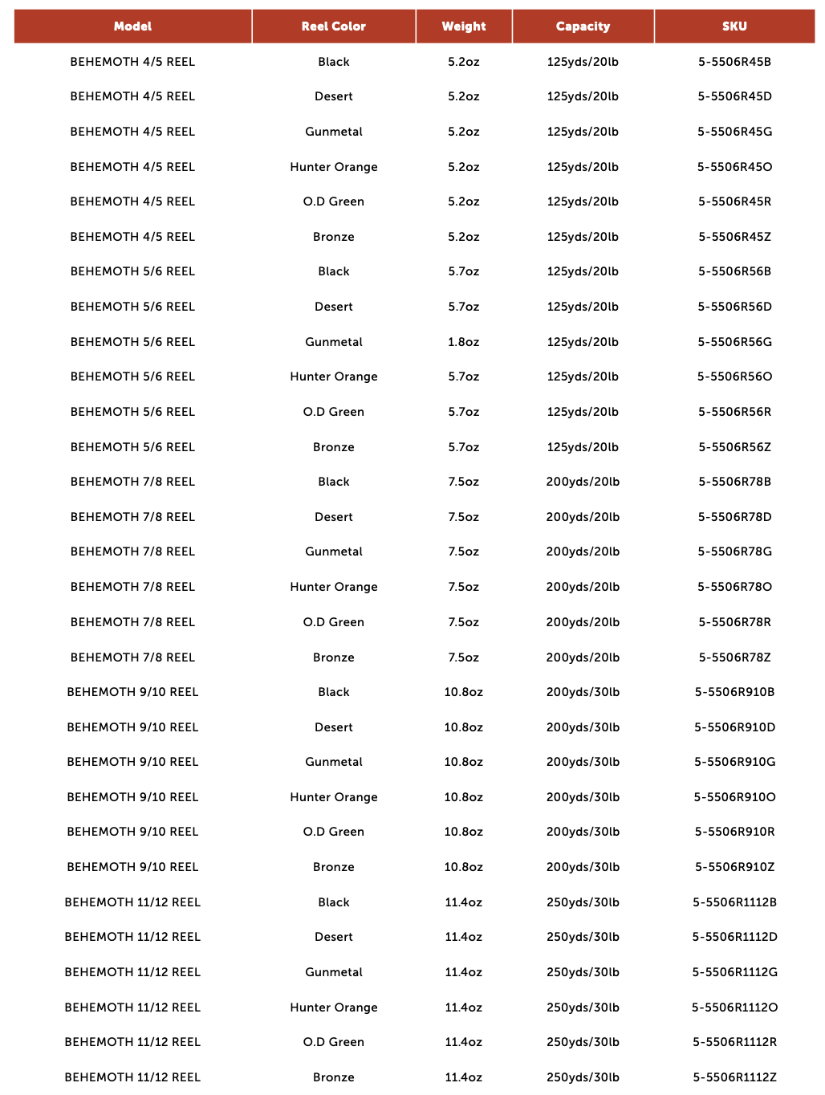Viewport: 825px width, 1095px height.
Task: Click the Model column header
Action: click(x=132, y=26)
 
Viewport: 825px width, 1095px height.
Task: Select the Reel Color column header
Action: click(x=333, y=26)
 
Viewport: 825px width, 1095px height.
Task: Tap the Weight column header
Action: click(x=464, y=26)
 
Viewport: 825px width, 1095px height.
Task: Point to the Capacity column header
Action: click(x=583, y=26)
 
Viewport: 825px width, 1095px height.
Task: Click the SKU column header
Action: click(x=734, y=26)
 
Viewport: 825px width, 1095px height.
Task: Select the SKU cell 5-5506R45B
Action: click(x=734, y=62)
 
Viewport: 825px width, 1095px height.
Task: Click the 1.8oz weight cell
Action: click(x=464, y=342)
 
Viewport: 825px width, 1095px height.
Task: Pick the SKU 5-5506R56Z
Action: click(x=734, y=447)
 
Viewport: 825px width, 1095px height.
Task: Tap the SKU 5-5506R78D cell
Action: click(x=734, y=517)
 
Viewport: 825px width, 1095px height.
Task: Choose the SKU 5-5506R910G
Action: click(x=734, y=762)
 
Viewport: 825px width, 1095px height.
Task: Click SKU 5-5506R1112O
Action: click(x=734, y=1007)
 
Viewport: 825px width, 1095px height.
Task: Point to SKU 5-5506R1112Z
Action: click(x=734, y=1077)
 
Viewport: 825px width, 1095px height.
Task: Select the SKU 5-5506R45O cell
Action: click(x=734, y=167)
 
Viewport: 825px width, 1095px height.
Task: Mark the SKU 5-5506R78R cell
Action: click(x=734, y=622)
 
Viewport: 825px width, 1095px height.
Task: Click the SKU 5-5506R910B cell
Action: click(x=734, y=692)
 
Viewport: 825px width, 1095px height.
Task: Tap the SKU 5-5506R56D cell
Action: click(x=734, y=307)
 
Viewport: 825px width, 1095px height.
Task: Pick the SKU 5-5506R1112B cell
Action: click(x=734, y=902)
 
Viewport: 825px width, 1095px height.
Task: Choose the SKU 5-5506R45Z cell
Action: click(x=734, y=237)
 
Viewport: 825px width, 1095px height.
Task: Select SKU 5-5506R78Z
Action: click(x=734, y=657)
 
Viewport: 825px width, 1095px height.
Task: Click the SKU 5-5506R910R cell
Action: click(x=734, y=832)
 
